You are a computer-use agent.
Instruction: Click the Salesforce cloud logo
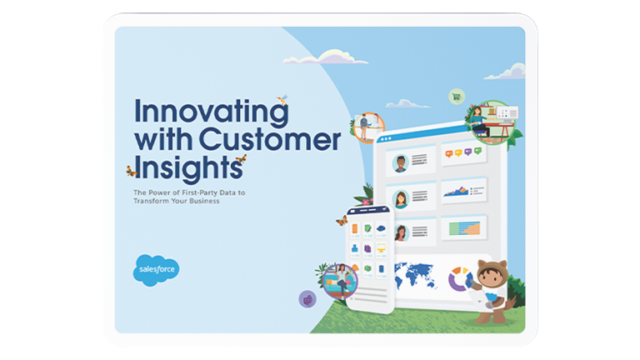click(156, 270)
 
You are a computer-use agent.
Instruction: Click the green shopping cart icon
click(456, 96)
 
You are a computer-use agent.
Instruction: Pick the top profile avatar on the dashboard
click(400, 162)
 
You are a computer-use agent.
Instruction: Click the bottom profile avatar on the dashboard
click(400, 232)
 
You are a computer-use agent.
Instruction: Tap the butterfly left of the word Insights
click(130, 171)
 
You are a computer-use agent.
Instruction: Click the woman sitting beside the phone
click(338, 280)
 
